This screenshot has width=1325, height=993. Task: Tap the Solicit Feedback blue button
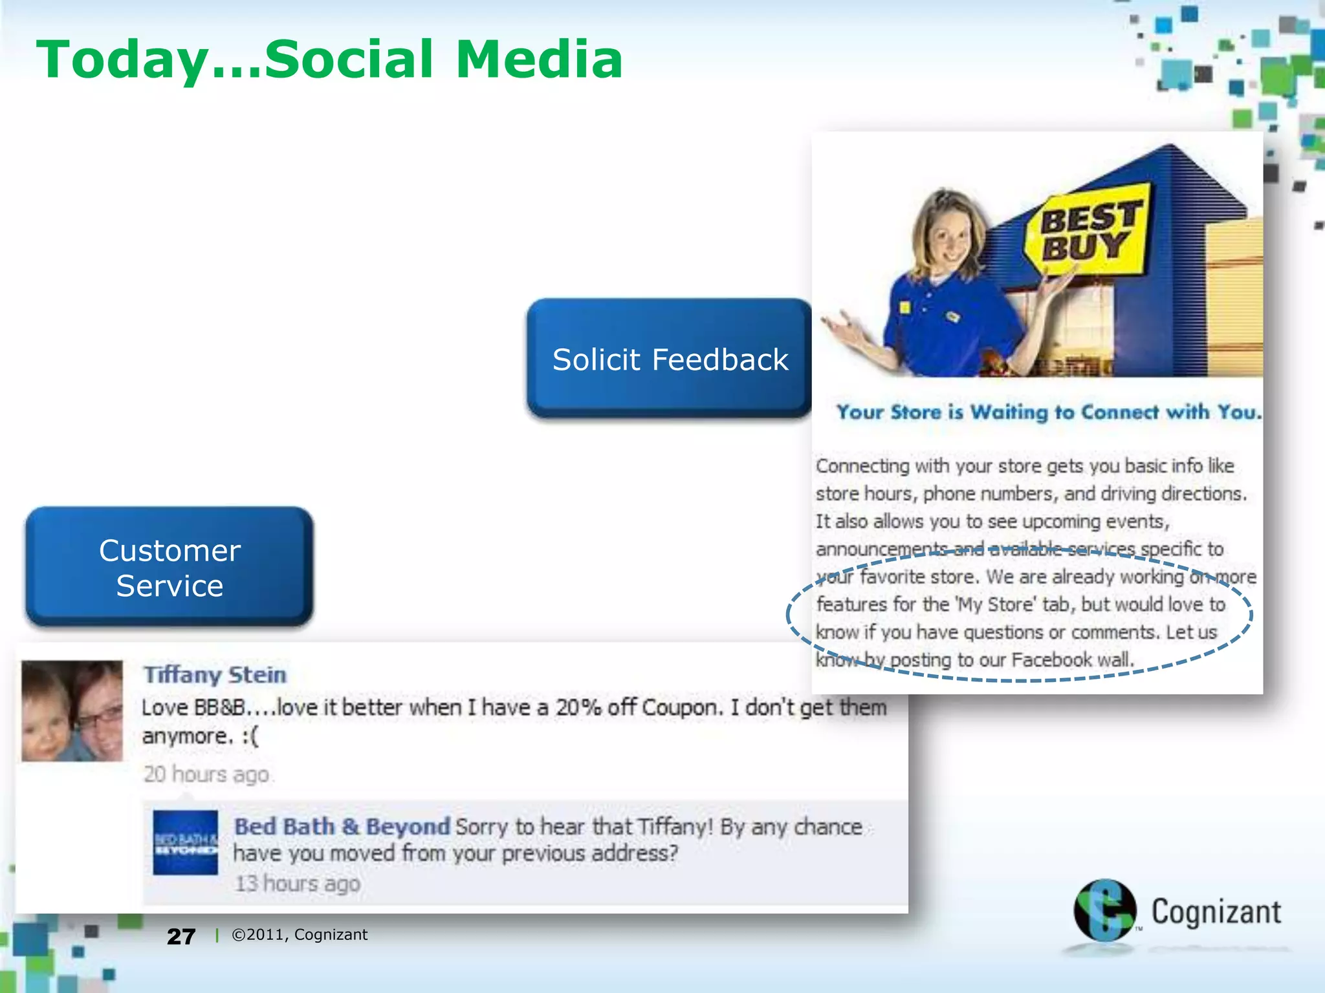(670, 359)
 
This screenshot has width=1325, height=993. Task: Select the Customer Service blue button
(170, 568)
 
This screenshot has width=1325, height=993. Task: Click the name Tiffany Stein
(215, 675)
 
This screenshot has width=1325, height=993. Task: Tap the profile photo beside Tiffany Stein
(72, 710)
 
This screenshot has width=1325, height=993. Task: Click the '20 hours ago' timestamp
(206, 774)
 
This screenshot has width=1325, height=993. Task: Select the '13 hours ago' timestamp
(297, 883)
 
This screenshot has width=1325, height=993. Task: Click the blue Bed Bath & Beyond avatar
(185, 842)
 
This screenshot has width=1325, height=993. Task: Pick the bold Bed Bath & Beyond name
(342, 826)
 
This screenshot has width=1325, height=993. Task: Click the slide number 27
(181, 936)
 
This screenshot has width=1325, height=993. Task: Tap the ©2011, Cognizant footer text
(300, 935)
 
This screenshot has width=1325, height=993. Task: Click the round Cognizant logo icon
(1104, 910)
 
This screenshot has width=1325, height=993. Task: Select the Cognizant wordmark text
(1216, 912)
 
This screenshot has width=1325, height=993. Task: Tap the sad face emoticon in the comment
(250, 736)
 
